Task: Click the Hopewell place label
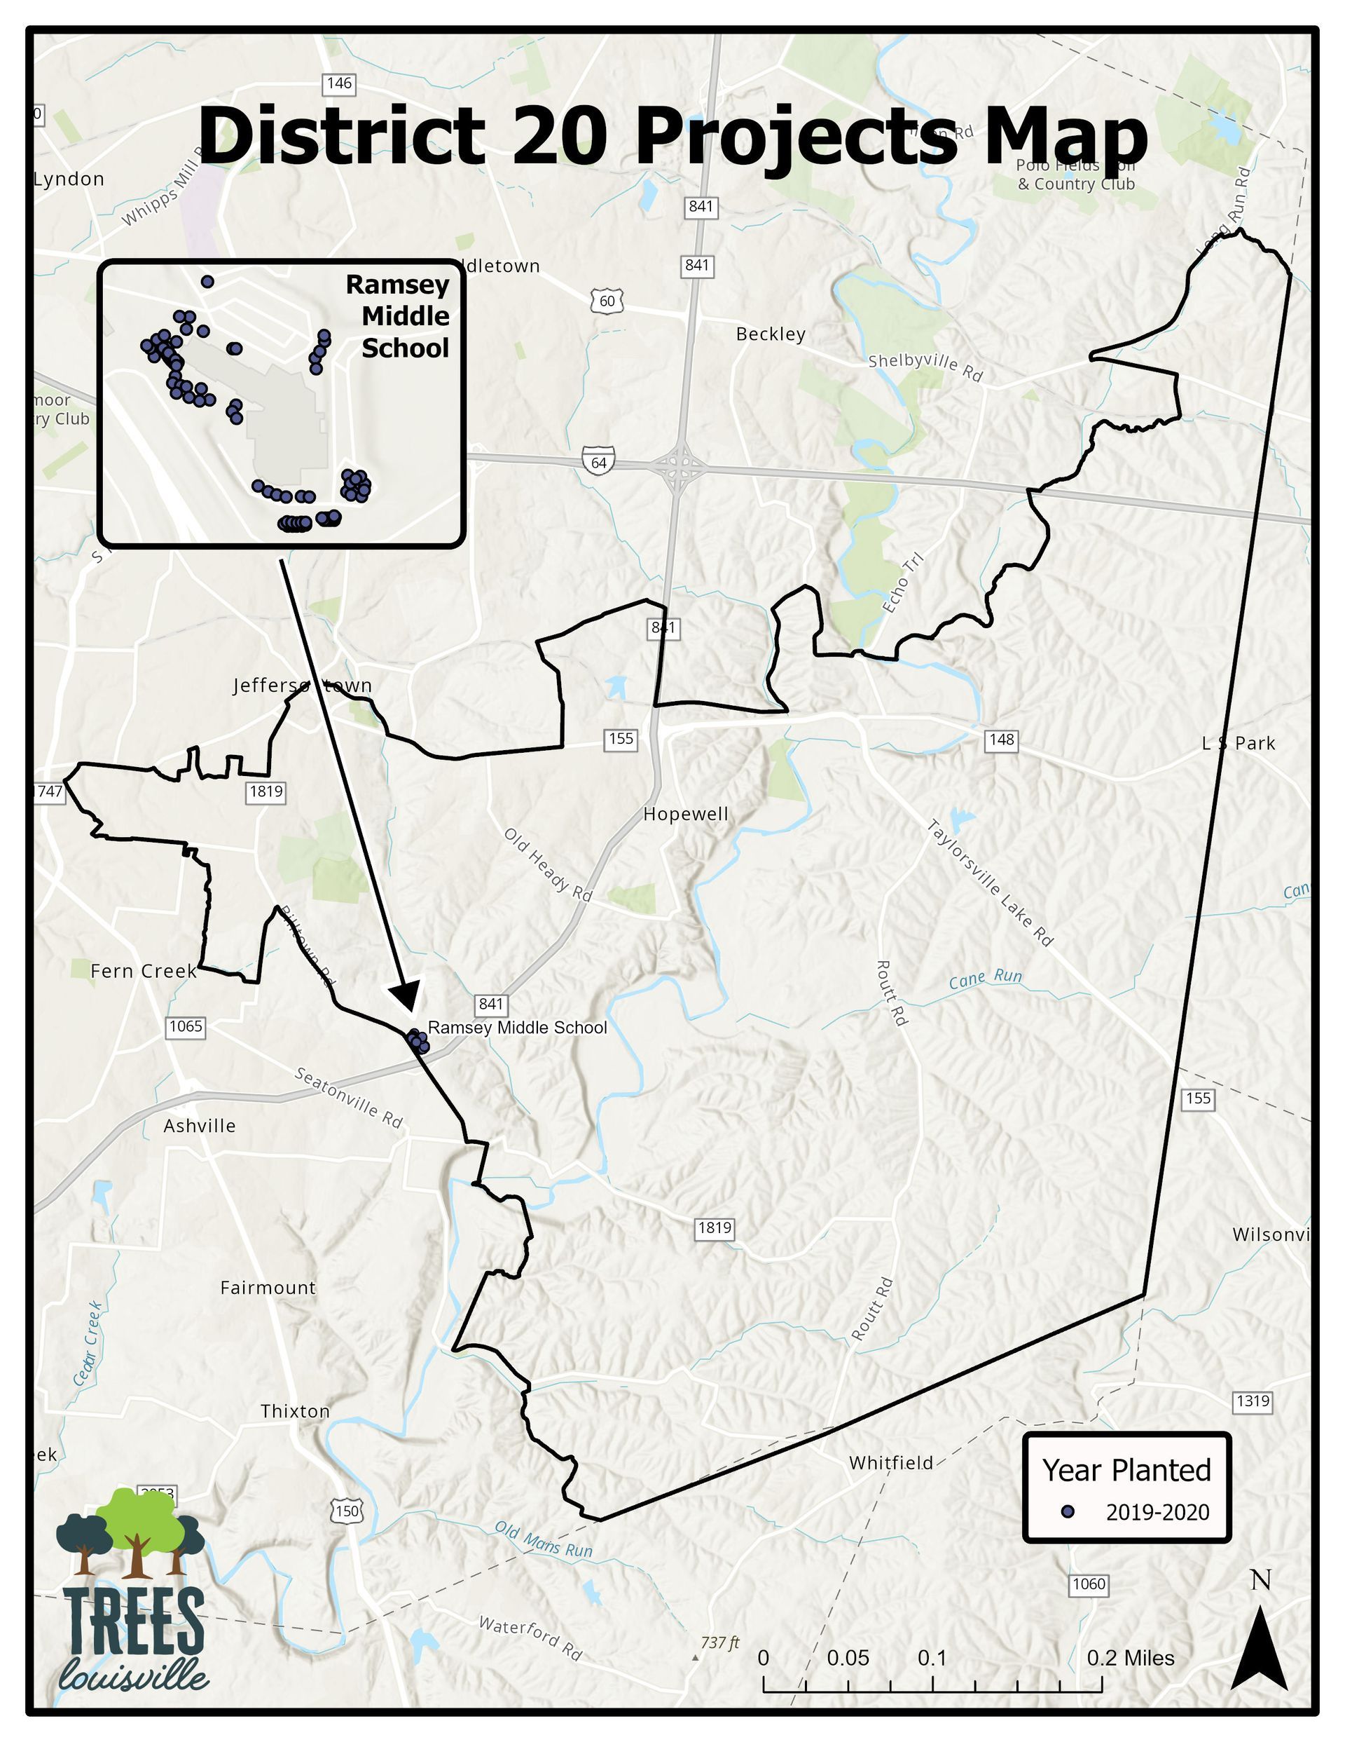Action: (686, 815)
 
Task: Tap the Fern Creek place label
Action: (144, 971)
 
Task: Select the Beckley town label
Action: (770, 334)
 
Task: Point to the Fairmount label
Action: (268, 1287)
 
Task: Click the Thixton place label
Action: (295, 1411)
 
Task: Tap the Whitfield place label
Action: (890, 1463)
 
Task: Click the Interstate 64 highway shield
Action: (598, 462)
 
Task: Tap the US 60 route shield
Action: (607, 301)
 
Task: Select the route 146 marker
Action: (339, 83)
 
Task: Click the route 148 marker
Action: (1001, 740)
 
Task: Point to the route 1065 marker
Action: (186, 1026)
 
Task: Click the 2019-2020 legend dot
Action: (1068, 1511)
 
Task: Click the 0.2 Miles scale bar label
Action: (1130, 1659)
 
